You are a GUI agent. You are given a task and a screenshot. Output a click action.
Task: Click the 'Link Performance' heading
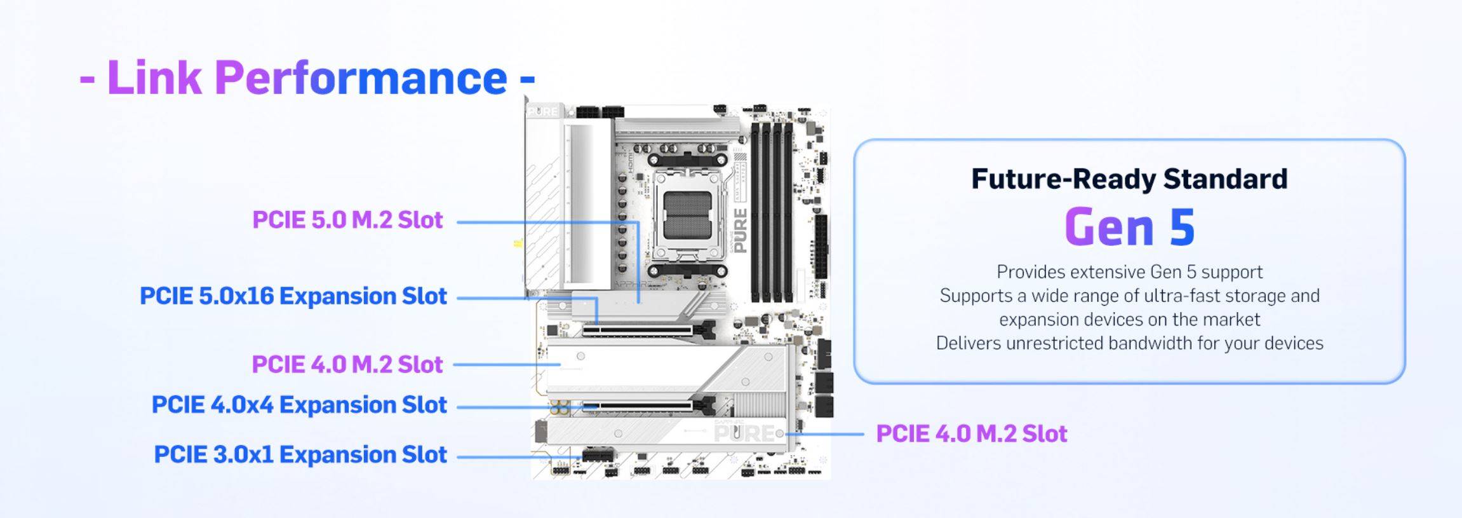(x=307, y=78)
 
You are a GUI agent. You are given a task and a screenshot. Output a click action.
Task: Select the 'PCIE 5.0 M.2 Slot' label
(x=347, y=220)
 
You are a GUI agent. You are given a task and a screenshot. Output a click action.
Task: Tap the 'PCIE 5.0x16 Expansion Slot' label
(x=293, y=296)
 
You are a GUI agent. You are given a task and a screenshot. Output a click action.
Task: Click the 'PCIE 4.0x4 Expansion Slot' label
(x=299, y=405)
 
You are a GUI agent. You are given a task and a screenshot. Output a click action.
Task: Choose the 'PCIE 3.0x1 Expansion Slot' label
(x=300, y=454)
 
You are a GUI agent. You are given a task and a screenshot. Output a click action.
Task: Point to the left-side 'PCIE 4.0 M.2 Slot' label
(x=347, y=365)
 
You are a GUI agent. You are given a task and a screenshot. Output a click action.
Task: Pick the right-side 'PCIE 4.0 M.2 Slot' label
(x=972, y=434)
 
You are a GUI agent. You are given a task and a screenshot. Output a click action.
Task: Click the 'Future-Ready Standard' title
(x=1129, y=179)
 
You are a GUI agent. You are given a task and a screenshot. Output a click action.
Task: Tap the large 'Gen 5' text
(x=1129, y=227)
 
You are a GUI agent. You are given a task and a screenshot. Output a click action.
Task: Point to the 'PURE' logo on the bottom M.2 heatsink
(x=745, y=433)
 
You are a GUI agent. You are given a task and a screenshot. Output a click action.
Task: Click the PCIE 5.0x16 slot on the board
(x=648, y=331)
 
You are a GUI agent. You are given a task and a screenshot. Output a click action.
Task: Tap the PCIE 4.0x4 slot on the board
(x=648, y=405)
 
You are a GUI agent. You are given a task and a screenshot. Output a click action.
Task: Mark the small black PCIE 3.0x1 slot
(x=599, y=455)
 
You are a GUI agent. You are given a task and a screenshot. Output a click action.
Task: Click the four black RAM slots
(x=772, y=212)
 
